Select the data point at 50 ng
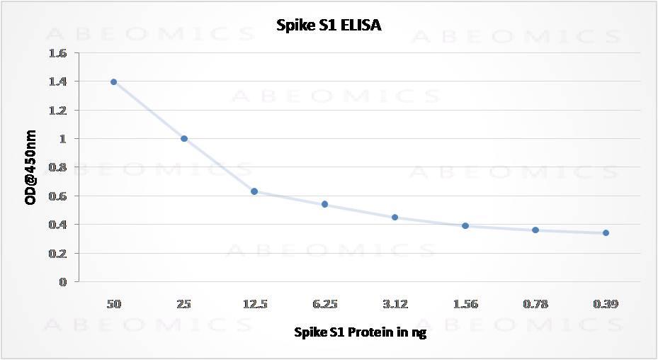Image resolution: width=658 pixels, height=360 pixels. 113,81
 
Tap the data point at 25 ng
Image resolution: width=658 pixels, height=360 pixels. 184,138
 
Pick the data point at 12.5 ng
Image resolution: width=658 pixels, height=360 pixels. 254,191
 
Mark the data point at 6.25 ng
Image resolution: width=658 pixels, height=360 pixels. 324,204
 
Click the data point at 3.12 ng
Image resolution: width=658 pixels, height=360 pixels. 395,217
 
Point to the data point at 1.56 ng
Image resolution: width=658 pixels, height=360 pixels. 465,225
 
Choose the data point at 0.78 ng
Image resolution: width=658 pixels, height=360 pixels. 535,230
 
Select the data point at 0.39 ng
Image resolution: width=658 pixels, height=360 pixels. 606,232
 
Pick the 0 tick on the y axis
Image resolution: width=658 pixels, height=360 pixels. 62,281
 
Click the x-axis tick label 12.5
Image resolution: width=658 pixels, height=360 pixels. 254,305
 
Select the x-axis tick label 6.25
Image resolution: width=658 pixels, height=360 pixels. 324,305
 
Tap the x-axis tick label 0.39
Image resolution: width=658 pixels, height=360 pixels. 606,305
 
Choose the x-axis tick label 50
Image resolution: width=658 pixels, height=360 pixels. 113,305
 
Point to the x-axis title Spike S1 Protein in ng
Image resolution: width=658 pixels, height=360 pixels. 360,332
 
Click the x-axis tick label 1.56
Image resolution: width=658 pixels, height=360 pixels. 465,305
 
